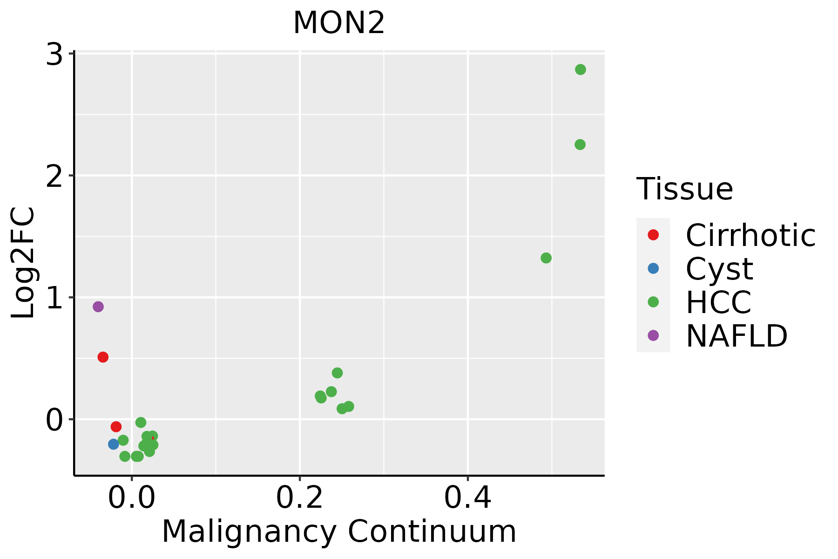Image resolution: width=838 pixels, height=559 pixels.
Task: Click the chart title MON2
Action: [339, 23]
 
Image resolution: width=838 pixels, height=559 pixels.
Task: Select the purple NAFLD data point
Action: [98, 307]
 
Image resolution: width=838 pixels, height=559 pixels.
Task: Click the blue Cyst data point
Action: [114, 444]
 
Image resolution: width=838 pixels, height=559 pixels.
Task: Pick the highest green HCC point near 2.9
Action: [580, 69]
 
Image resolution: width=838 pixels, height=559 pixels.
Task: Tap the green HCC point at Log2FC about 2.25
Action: [580, 144]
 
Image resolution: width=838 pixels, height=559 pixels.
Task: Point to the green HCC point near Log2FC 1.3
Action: [546, 258]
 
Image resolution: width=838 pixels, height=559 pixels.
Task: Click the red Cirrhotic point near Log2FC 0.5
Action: [103, 357]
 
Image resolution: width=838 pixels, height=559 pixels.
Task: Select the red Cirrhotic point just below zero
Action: [116, 427]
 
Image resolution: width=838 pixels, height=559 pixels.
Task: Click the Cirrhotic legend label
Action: [750, 235]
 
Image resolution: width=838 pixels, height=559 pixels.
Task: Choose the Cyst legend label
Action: [719, 269]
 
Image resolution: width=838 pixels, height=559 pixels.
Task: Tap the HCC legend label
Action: [718, 302]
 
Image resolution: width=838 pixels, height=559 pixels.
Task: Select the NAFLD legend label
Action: [737, 336]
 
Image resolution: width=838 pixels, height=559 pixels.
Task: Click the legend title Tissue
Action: [684, 189]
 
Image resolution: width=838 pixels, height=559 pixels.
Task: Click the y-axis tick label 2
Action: [54, 177]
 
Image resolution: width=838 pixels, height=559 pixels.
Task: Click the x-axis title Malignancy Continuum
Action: [339, 532]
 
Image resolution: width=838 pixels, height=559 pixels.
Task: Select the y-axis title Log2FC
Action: [23, 263]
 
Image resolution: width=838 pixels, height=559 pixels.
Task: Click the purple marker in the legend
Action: [653, 335]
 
